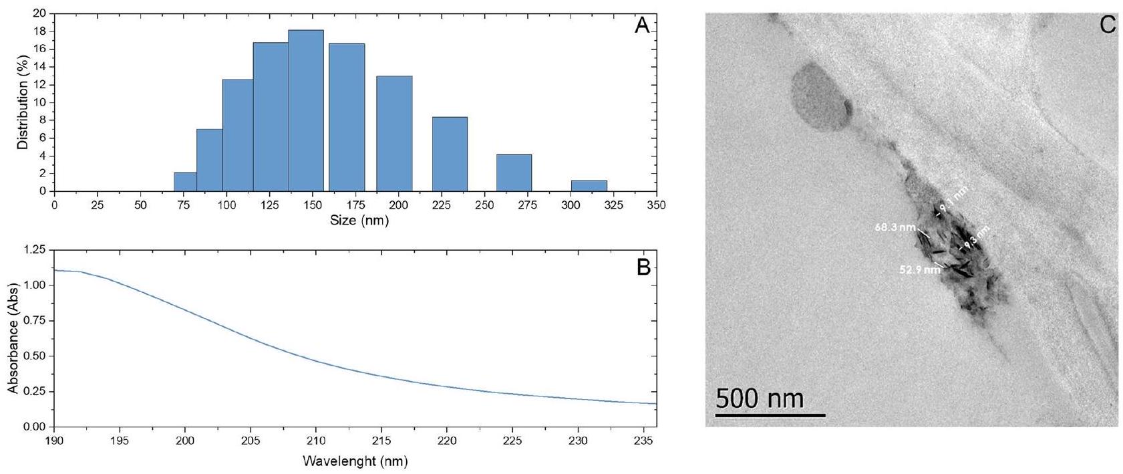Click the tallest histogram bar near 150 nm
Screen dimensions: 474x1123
click(306, 111)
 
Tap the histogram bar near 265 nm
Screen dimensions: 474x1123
click(514, 173)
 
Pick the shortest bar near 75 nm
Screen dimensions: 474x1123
click(185, 182)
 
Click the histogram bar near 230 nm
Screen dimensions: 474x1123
click(450, 154)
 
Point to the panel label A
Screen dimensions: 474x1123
click(642, 25)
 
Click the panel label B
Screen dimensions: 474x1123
click(643, 267)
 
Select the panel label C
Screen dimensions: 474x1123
click(1107, 25)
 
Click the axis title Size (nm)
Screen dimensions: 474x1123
click(359, 220)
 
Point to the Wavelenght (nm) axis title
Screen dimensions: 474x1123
click(355, 461)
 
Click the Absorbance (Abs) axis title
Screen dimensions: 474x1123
click(13, 338)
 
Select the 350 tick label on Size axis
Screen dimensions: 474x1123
click(656, 205)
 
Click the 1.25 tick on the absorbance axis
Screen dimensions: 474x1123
click(34, 250)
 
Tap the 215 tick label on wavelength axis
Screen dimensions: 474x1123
click(381, 441)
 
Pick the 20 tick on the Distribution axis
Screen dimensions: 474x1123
click(39, 13)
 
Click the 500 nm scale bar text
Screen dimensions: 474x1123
click(760, 398)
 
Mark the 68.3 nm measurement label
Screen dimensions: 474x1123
click(895, 227)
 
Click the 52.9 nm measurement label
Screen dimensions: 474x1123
click(919, 270)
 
